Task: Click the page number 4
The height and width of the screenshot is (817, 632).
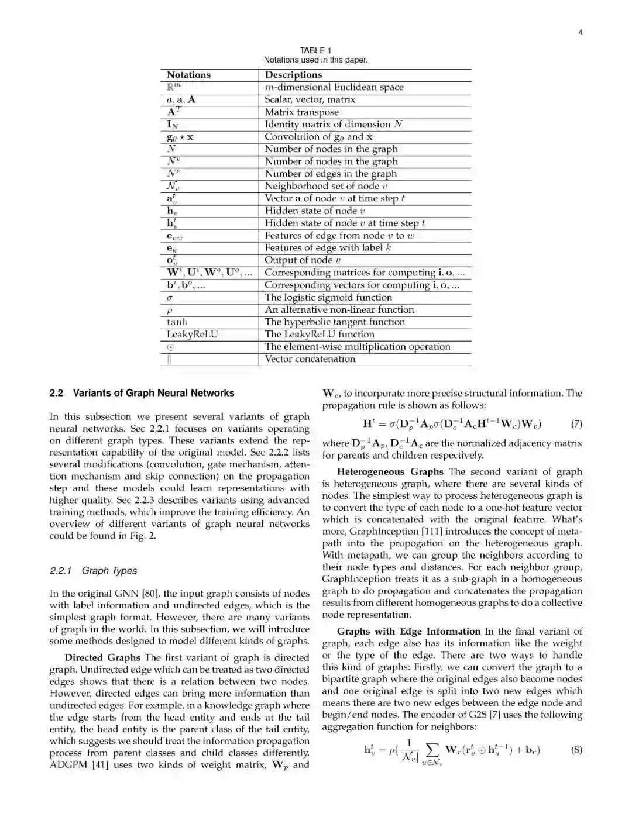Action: tap(580, 32)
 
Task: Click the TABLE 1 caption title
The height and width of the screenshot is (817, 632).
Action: tap(315, 50)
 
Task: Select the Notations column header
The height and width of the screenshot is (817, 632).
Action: tap(188, 75)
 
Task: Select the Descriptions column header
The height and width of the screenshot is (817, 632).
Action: tap(293, 75)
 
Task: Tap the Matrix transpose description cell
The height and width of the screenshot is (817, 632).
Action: tap(301, 112)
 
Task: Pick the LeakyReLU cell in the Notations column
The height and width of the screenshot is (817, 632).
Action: tap(192, 335)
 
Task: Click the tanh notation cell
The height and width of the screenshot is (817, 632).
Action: tap(177, 322)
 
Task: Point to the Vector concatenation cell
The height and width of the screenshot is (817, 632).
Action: tap(310, 359)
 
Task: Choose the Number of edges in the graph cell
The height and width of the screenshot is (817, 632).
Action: tap(331, 174)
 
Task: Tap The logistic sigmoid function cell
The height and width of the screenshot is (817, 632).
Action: tap(328, 297)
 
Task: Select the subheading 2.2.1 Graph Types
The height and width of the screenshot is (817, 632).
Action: tap(94, 571)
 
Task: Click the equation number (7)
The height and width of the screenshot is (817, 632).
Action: tap(576, 424)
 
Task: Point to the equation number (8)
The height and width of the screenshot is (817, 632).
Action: tap(576, 750)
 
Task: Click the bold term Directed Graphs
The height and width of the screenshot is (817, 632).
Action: tap(102, 657)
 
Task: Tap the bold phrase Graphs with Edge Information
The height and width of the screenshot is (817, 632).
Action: tap(408, 632)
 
